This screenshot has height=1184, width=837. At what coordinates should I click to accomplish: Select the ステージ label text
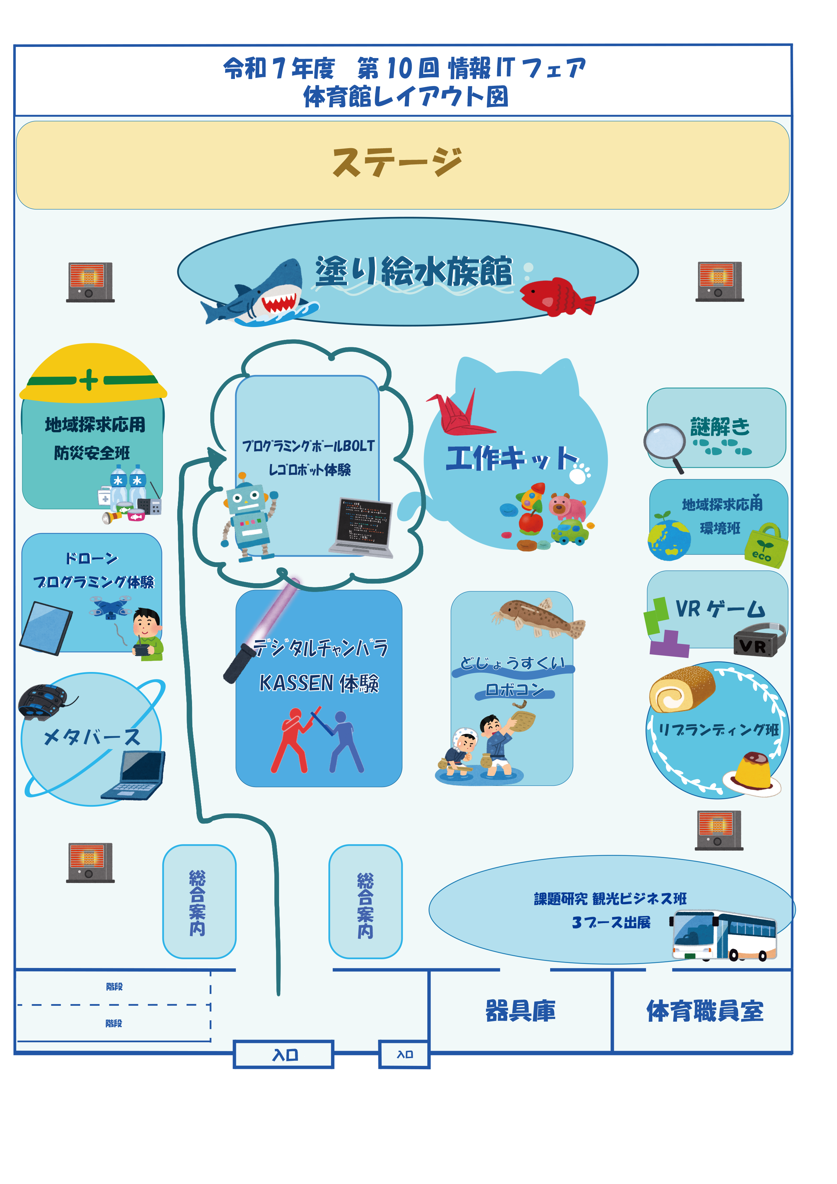pos(398,162)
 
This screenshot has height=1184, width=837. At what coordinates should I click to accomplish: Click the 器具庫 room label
pos(520,1011)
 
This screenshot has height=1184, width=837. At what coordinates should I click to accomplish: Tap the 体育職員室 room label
pos(704,1011)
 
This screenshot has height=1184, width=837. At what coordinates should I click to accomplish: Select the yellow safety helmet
pos(93,374)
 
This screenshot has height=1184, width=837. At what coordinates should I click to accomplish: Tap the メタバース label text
pos(92,737)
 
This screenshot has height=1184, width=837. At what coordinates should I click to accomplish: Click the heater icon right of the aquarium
pos(720,281)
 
